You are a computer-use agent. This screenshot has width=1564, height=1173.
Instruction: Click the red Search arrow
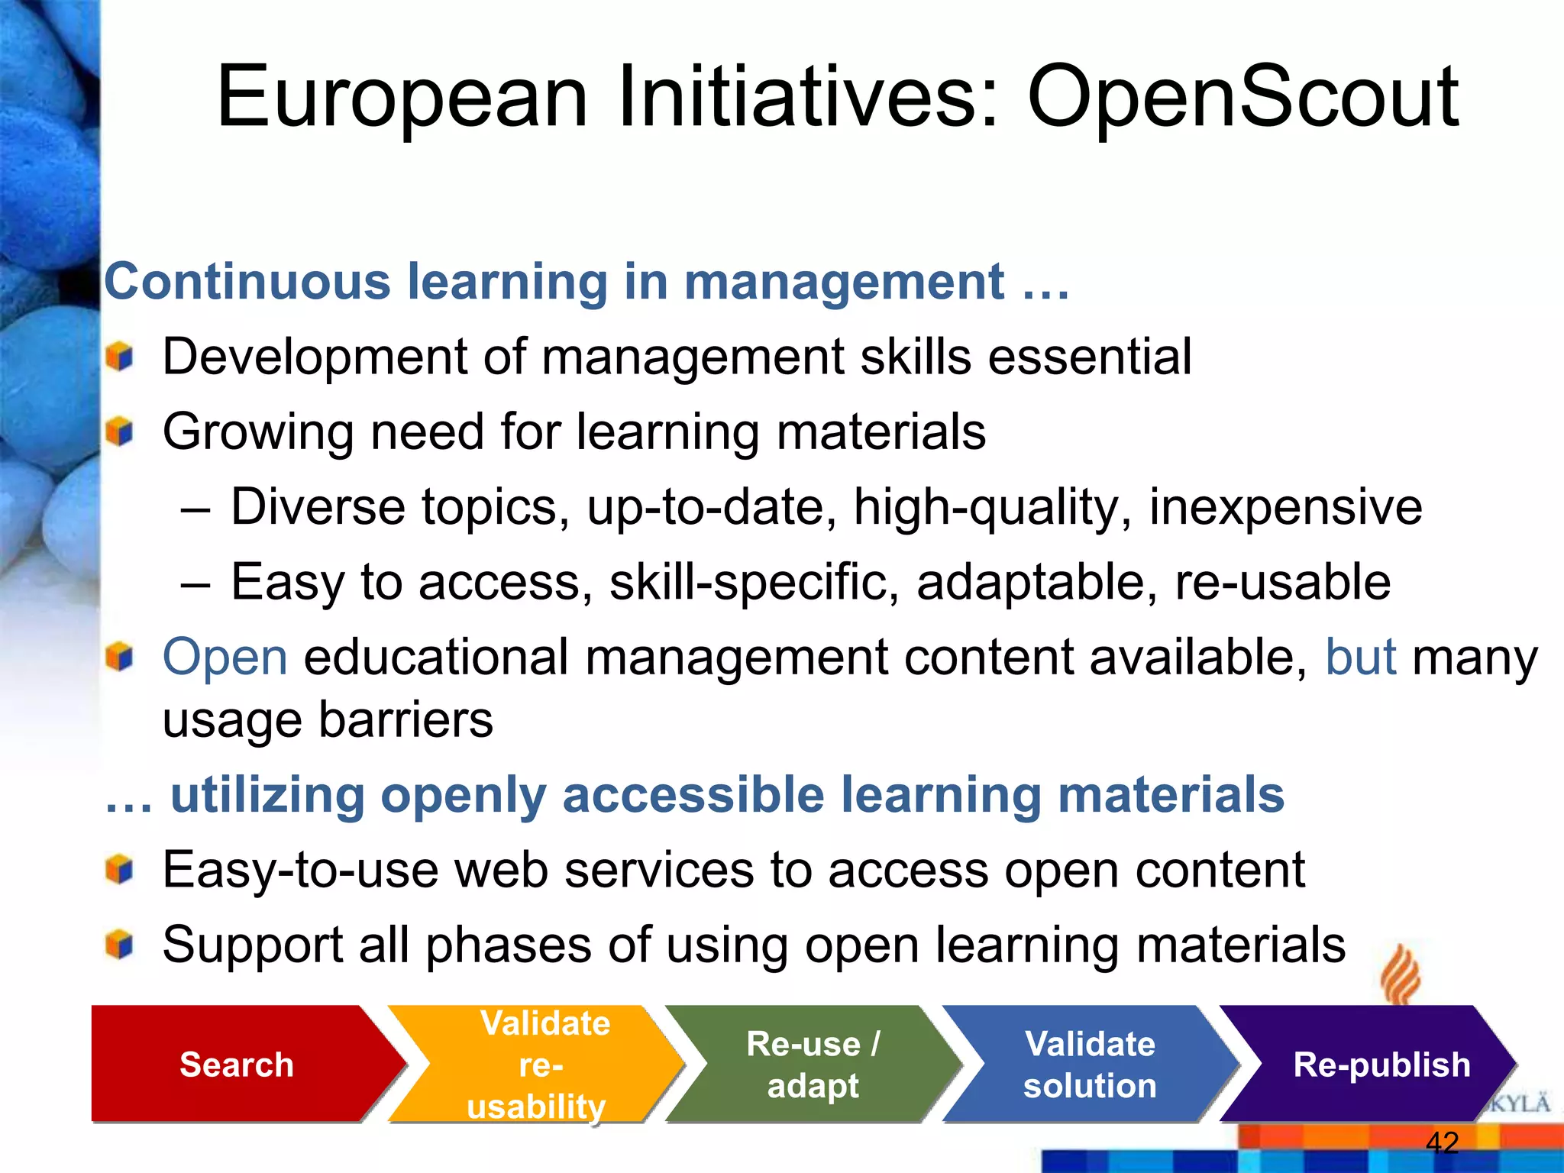tap(236, 1064)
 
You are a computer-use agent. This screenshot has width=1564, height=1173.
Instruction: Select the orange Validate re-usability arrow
tap(539, 1064)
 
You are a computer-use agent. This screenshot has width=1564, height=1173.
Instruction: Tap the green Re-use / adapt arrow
tap(813, 1064)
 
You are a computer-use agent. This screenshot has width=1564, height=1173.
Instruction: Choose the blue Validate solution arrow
tap(1090, 1064)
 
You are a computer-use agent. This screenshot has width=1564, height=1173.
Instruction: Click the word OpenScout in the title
tap(1242, 98)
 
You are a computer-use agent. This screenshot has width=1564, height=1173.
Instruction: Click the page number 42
tap(1442, 1142)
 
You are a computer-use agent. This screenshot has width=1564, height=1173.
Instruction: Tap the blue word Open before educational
tap(225, 657)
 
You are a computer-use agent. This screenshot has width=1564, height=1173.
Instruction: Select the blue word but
tap(1360, 657)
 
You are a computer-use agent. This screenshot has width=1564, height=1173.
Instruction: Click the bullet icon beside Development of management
tap(120, 357)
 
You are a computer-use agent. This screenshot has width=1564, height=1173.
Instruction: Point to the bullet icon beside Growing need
tap(120, 432)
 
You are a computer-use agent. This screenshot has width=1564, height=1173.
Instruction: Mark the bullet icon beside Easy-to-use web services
tap(120, 870)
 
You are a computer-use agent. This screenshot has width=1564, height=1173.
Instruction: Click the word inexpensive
tap(1285, 506)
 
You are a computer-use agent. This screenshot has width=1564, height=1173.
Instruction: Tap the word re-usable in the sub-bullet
tap(1282, 582)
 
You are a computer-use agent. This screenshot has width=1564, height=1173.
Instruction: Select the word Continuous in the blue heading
tap(247, 282)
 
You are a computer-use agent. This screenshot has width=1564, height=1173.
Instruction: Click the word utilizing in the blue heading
tap(267, 795)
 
